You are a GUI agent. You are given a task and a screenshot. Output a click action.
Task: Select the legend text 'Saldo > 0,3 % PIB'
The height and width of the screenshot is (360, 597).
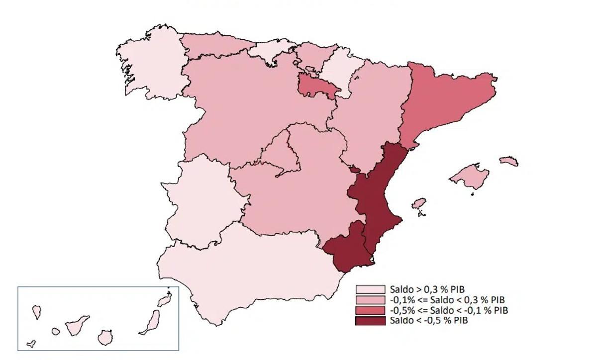(427, 289)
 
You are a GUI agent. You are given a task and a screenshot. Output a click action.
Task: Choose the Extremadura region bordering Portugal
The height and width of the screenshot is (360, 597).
(204, 204)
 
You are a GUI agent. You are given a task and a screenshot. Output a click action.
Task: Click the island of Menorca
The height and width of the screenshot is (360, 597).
(508, 161)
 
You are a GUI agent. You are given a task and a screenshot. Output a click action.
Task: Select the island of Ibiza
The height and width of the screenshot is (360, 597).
(419, 204)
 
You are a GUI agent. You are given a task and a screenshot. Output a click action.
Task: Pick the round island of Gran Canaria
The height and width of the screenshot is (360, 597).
(104, 338)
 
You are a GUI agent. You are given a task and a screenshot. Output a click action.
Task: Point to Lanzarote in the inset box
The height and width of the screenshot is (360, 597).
(164, 300)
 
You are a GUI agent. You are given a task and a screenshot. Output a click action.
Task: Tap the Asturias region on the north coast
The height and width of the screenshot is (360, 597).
(214, 45)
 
